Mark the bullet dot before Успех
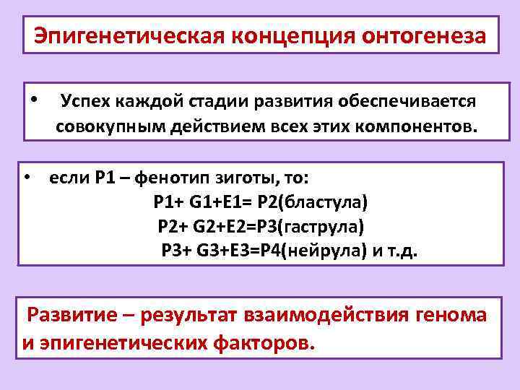point(35,99)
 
